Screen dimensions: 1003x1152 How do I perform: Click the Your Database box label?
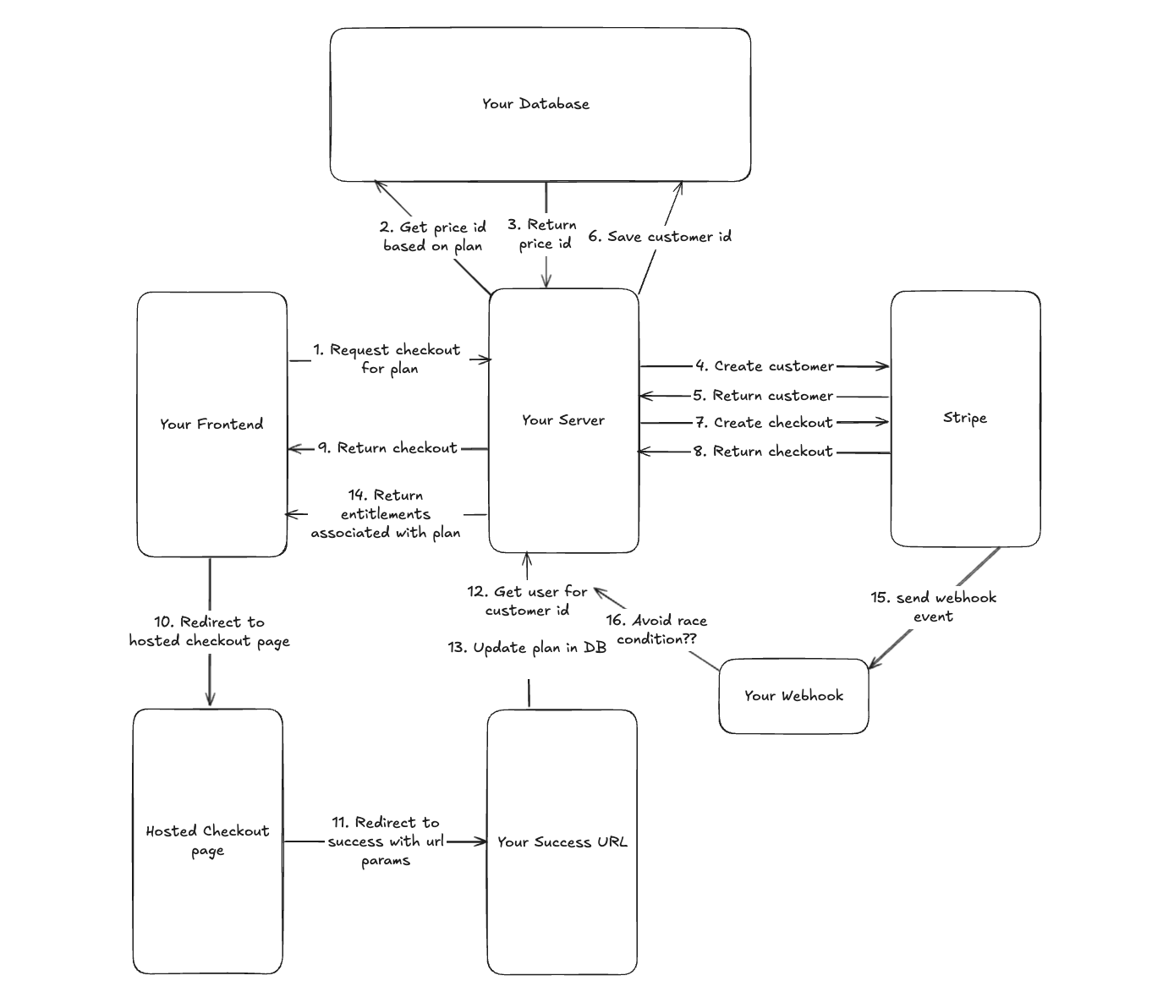535,104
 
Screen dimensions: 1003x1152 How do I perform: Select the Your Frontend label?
211,424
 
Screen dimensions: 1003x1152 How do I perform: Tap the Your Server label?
563,419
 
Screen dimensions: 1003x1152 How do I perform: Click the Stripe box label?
965,418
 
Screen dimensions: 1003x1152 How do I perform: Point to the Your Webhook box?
793,696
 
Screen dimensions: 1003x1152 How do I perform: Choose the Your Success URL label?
562,841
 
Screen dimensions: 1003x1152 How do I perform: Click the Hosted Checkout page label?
207,840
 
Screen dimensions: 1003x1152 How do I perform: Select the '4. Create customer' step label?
765,366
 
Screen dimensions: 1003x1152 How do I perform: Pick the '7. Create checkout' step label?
764,422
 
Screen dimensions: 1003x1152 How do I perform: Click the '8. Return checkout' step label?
764,451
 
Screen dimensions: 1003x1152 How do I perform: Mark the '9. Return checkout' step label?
388,447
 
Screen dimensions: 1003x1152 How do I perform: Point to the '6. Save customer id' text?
660,237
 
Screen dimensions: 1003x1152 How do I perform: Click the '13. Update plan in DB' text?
527,648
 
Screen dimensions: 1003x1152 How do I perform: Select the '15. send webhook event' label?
933,606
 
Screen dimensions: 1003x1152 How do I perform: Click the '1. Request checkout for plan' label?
387,359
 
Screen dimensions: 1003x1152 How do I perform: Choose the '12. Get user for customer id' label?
527,600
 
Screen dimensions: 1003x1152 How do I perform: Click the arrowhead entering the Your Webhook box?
871,666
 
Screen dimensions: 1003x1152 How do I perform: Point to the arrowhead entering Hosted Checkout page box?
210,701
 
